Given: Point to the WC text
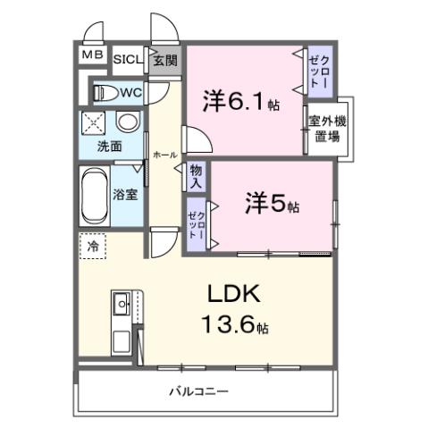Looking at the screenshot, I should [x=130, y=91].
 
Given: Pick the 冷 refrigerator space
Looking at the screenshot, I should [x=92, y=244].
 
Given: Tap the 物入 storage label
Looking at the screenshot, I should [x=197, y=176].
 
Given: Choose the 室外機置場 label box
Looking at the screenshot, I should [x=328, y=129].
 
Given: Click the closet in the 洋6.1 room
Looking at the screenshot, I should [x=319, y=69].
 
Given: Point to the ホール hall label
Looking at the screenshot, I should [x=164, y=154].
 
